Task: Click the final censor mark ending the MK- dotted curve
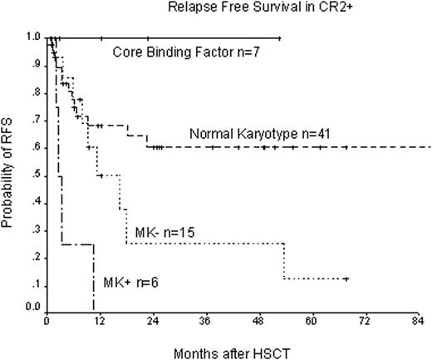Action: coord(346,279)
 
